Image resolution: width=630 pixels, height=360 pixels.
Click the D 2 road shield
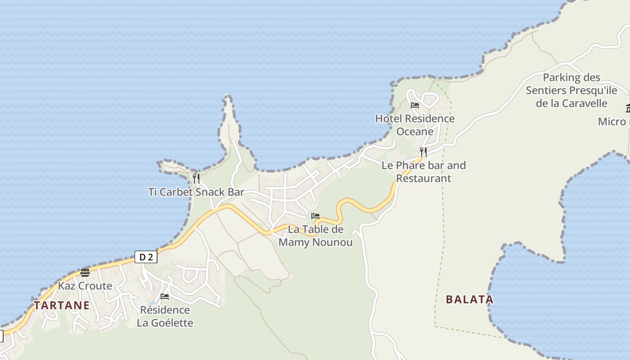click(146, 257)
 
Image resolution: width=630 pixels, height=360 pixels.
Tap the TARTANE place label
click(62, 306)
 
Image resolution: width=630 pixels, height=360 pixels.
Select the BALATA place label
click(469, 299)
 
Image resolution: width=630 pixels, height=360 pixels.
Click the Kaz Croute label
click(85, 286)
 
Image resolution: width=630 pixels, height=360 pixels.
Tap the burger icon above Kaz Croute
click(85, 272)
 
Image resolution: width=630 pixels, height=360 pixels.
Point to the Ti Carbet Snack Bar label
click(196, 192)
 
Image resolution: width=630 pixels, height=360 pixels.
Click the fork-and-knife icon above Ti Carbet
click(196, 178)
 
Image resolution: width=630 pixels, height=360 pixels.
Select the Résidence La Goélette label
click(165, 316)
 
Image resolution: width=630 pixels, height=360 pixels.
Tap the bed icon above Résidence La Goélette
click(165, 297)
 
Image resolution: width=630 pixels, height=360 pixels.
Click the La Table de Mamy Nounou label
click(315, 236)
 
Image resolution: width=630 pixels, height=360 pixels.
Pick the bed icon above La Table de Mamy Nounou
click(315, 216)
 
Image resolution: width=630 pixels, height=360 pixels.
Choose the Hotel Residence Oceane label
click(415, 125)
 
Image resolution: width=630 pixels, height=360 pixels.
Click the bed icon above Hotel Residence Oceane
click(415, 105)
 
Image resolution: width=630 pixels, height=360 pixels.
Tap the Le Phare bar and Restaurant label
click(423, 171)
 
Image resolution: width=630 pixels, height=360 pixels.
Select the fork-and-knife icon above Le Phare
click(423, 152)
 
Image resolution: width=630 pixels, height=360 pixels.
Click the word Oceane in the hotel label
click(415, 132)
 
